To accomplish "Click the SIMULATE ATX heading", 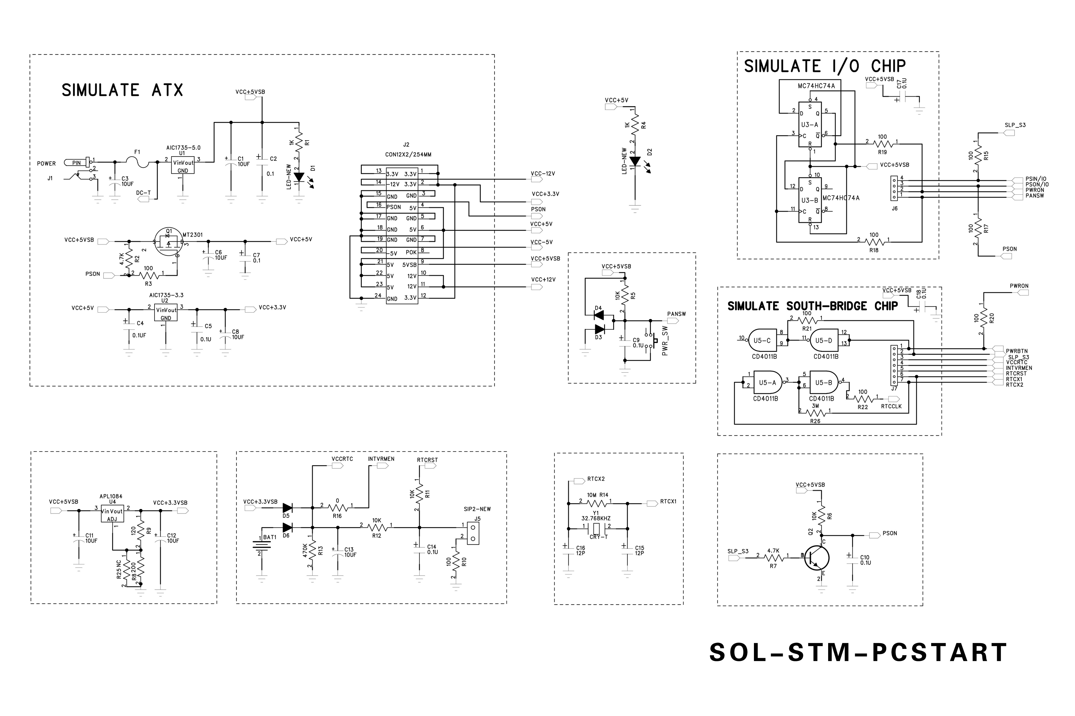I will click(122, 90).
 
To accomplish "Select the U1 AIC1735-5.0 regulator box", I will click(183, 166).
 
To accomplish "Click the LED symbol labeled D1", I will click(299, 177).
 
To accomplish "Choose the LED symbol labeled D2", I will click(635, 161).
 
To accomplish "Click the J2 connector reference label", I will click(406, 145).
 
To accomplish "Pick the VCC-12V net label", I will click(543, 174).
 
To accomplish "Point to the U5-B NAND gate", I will click(823, 383).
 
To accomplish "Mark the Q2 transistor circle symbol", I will click(816, 558).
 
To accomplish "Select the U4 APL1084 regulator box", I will click(112, 514).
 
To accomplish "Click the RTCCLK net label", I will click(891, 406).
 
